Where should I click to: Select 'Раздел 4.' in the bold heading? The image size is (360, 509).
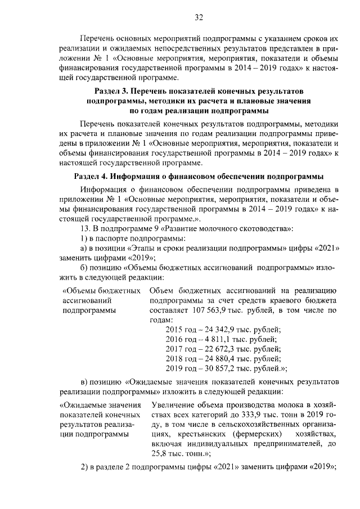92,175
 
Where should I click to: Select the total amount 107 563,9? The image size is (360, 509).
209,310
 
